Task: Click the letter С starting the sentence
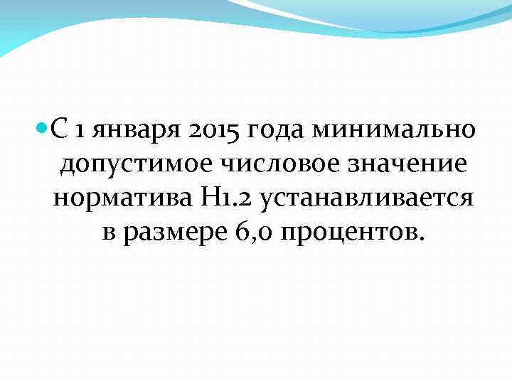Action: [x=61, y=130]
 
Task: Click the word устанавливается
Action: [x=366, y=198]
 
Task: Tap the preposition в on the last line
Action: [x=108, y=233]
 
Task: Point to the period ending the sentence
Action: [x=422, y=239]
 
